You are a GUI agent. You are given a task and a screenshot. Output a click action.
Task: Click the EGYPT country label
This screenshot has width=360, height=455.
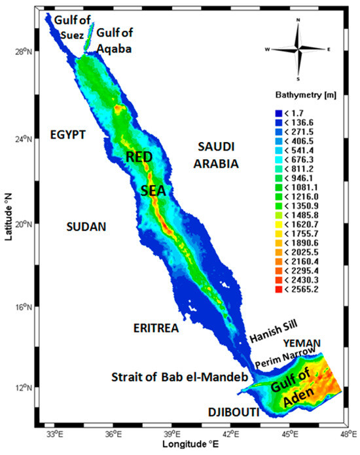pos(67,135)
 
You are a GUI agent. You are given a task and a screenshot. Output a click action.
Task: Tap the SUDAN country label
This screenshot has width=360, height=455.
pos(86,227)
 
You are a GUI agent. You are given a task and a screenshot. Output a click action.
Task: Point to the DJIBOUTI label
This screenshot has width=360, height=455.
pos(232,412)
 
